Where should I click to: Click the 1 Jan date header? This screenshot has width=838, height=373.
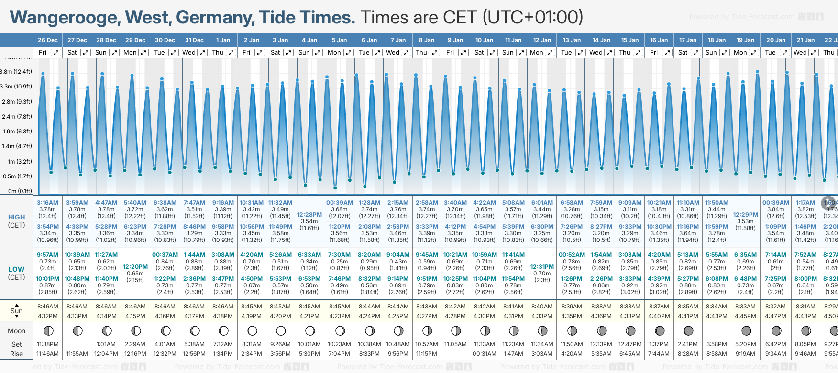[223, 40]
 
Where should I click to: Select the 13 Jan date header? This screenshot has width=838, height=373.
[572, 40]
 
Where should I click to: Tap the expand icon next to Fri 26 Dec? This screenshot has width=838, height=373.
[56, 53]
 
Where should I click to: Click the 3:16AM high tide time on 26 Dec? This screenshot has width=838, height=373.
[47, 203]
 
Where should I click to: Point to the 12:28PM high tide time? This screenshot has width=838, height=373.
[309, 215]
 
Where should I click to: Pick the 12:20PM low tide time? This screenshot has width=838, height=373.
[135, 267]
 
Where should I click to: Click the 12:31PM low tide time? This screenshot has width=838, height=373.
[542, 267]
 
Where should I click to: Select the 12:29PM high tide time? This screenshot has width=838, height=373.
[745, 215]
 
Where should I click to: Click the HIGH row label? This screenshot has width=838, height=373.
[17, 217]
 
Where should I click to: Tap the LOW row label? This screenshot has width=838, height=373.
[17, 269]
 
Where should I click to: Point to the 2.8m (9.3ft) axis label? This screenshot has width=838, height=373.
[16, 102]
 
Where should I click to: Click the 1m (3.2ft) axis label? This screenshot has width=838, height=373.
[20, 162]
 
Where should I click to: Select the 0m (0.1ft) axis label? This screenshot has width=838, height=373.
[20, 191]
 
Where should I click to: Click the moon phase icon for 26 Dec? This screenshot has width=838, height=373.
[48, 330]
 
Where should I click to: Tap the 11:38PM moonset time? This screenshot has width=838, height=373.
[47, 344]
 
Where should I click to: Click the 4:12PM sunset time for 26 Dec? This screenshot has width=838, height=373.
[47, 316]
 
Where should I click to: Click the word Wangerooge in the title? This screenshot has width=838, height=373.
[65, 18]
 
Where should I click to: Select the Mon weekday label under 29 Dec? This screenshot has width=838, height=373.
[130, 53]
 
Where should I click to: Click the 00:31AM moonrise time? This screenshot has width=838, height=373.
[484, 354]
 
